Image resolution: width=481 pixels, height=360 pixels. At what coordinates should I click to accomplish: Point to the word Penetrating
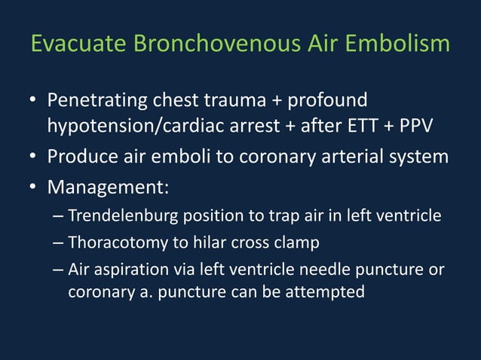(97, 100)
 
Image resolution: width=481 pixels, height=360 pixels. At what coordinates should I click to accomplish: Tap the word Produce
(81, 157)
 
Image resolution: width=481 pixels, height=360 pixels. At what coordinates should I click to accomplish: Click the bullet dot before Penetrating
(33, 101)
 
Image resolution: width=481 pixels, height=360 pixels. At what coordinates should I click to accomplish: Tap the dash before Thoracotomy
(59, 243)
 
